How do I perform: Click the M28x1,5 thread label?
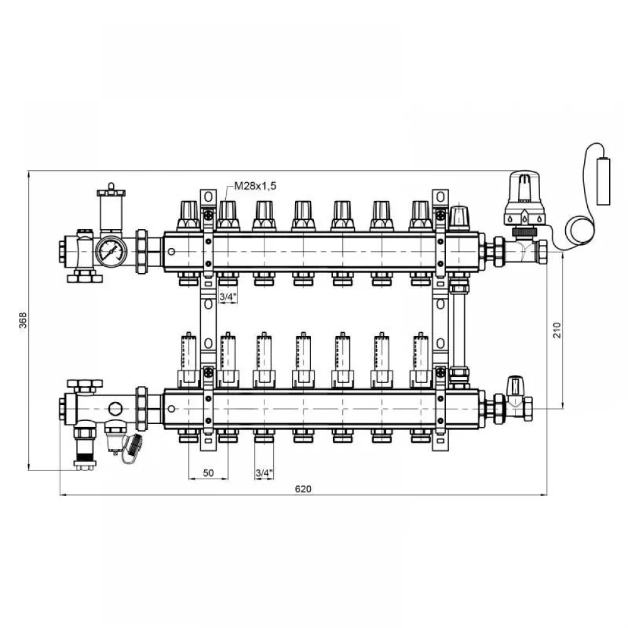click(255, 187)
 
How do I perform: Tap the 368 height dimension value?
click(23, 320)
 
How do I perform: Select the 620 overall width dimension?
click(303, 489)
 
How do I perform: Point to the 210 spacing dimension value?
click(557, 330)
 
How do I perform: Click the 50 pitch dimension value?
click(208, 473)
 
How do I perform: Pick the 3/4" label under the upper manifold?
click(228, 297)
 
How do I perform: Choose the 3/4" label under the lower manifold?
click(264, 473)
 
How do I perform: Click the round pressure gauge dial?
click(111, 252)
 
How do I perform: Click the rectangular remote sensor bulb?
click(603, 181)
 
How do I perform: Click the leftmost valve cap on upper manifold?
click(188, 215)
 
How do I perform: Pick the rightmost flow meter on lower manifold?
click(421, 360)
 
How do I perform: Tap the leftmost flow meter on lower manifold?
click(188, 360)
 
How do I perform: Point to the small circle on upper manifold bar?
click(171, 252)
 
